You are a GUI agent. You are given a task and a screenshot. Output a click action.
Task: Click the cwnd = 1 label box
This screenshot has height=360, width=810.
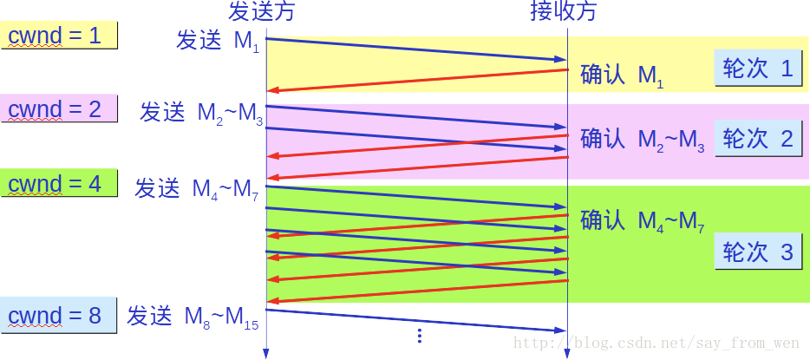(x=58, y=36)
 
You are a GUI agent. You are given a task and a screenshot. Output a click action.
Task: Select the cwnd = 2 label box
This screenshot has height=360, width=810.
(x=58, y=109)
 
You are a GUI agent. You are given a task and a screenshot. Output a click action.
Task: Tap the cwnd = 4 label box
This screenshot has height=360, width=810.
(x=58, y=184)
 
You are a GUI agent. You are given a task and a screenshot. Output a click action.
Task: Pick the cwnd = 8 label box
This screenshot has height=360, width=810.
(x=58, y=316)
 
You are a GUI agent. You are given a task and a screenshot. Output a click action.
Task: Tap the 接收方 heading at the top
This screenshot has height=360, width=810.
(x=565, y=11)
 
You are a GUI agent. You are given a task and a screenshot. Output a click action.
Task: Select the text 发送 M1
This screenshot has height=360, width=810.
(x=218, y=42)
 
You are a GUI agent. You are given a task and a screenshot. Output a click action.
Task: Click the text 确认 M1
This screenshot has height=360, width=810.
(x=622, y=75)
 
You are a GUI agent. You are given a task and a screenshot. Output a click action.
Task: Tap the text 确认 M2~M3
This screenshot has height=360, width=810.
(x=642, y=140)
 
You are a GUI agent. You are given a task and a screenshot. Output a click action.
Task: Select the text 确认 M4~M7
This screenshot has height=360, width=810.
(x=642, y=221)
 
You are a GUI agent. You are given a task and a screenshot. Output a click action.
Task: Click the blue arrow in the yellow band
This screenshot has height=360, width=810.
(x=416, y=49)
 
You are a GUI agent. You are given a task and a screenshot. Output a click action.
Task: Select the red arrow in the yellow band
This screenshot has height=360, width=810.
(x=416, y=79)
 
